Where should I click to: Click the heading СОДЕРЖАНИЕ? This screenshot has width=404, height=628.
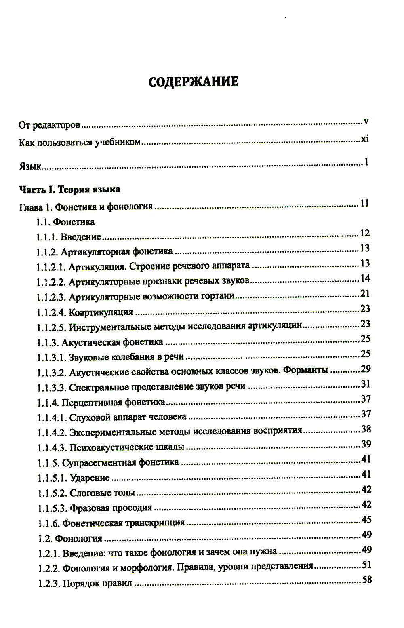click(x=194, y=81)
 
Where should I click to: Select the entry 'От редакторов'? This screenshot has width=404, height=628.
click(x=50, y=125)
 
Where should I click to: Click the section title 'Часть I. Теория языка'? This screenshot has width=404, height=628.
click(x=69, y=189)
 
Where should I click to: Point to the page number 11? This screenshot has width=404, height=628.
click(x=364, y=203)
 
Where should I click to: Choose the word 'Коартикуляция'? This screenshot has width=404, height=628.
click(x=101, y=312)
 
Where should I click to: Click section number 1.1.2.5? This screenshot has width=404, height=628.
click(x=51, y=327)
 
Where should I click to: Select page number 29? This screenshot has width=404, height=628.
click(x=366, y=369)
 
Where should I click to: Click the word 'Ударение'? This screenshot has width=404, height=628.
click(x=90, y=478)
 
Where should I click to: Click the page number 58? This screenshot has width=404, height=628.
click(x=367, y=580)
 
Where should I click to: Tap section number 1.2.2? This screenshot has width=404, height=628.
click(x=49, y=568)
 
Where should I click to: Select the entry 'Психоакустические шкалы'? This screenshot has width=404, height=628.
click(x=127, y=447)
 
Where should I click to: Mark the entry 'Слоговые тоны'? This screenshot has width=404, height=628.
click(x=102, y=493)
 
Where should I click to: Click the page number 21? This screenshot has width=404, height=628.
click(x=365, y=293)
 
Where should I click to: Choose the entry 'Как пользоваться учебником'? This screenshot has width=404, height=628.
click(x=80, y=142)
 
